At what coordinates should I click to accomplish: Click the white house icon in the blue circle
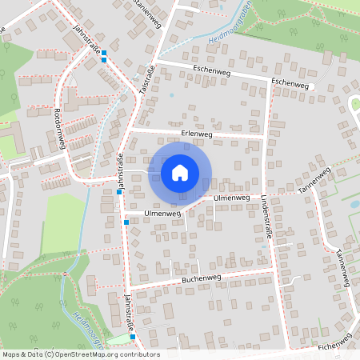(x=180, y=172)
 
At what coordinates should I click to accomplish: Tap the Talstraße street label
(x=146, y=80)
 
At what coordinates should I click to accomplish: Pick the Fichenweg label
(x=334, y=346)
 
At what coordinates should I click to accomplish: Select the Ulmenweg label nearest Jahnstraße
(x=162, y=214)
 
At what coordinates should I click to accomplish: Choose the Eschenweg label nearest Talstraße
(x=211, y=70)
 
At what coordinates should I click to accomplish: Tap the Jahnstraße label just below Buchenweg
(x=129, y=313)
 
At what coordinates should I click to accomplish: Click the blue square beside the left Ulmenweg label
(x=126, y=222)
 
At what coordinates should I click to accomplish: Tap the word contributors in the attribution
(x=138, y=354)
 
